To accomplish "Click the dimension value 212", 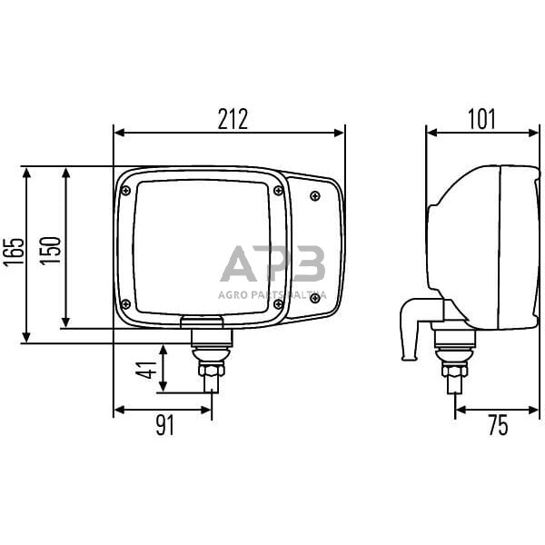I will [233, 118].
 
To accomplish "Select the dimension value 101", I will [482, 118].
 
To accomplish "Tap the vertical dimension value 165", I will [13, 255].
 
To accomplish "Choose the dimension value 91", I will [164, 424].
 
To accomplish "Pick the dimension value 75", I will [498, 424].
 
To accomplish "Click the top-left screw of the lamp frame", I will [125, 190].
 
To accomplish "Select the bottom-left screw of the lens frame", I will [125, 303].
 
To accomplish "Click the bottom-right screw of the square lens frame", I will [278, 303].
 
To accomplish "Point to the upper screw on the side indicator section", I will [314, 195].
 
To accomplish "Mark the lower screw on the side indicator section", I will [314, 297].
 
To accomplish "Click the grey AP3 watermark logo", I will [272, 265].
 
